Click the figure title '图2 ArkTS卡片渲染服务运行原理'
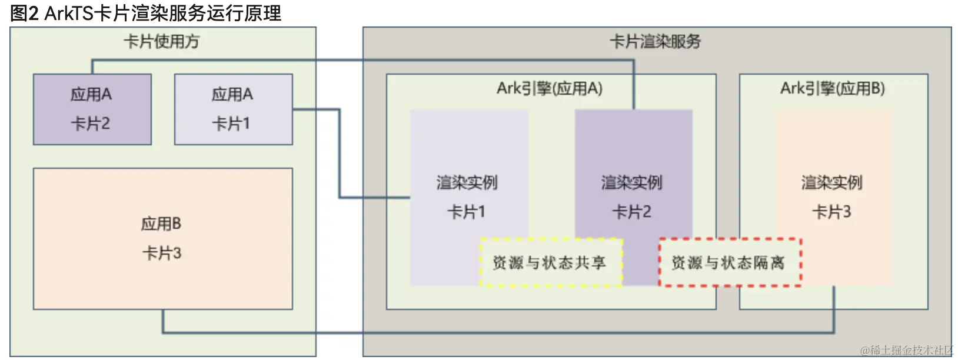coord(145,13)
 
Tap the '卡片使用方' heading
coord(162,41)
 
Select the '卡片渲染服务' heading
coord(656,41)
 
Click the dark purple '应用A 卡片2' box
coord(92,109)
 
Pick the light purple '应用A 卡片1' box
coord(233,109)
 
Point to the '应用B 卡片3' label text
coord(162,239)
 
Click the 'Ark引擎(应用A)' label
coord(550,88)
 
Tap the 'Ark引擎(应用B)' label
coord(833,88)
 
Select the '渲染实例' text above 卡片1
coord(467,182)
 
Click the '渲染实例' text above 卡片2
coord(632,182)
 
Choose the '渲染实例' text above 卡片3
coord(832,182)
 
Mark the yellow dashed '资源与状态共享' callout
coord(550,263)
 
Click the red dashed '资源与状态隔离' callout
coord(729,263)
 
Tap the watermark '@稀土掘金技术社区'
coord(907,351)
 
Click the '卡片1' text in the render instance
coord(467,212)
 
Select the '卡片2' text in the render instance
coord(632,212)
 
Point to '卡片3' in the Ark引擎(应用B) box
coord(832,212)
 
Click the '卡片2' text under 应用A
coord(91,124)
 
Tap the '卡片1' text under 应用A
coord(231,124)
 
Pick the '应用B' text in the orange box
coord(161,224)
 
